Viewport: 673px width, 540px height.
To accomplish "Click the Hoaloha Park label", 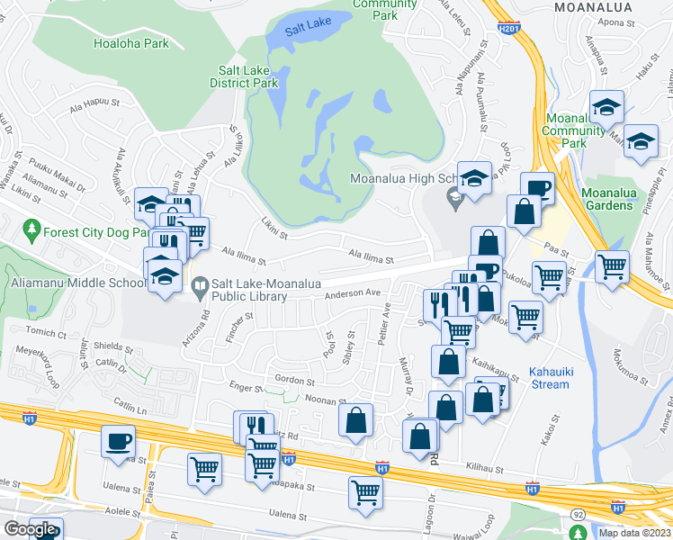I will click(130, 42).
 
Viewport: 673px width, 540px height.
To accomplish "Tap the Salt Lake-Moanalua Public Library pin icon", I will click(201, 284).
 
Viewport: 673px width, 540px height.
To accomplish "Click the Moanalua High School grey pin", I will click(455, 196).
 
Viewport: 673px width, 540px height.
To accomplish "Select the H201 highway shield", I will click(509, 31).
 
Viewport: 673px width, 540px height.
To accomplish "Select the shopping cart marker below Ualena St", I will click(365, 491).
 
